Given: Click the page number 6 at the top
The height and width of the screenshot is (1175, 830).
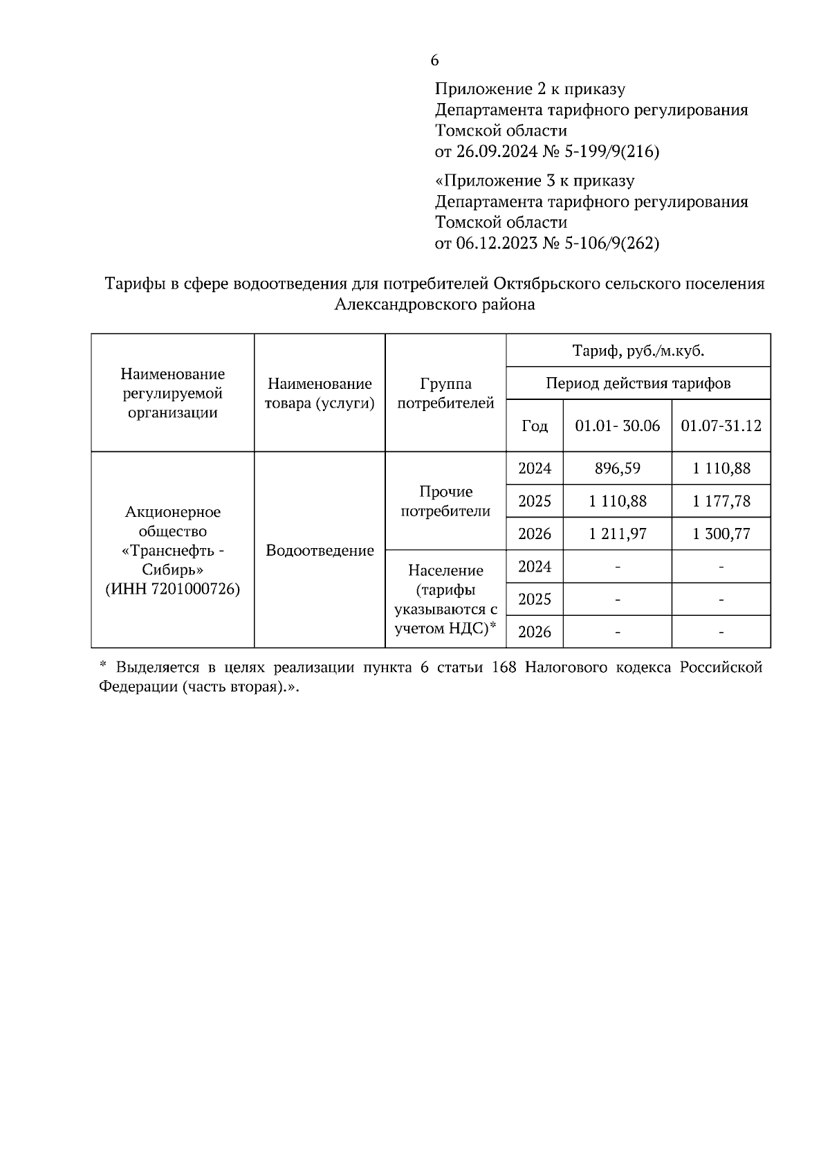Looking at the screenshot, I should point(434,61).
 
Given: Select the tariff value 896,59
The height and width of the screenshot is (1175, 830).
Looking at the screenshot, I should point(617,468).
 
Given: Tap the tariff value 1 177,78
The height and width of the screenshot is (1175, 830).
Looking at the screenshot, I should point(721,501).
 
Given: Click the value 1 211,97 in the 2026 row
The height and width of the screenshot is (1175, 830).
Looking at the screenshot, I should point(617,534).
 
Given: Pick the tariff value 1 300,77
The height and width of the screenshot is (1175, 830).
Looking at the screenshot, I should point(721,534).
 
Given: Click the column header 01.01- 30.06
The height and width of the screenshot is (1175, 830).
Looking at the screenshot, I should point(617,426).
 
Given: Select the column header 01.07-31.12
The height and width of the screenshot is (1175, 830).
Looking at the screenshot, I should point(721,426).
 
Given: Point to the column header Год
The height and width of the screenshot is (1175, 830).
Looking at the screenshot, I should point(534,426).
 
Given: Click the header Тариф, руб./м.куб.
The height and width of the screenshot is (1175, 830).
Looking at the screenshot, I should point(638,351).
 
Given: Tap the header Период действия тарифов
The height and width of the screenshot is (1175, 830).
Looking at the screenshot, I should point(638,383).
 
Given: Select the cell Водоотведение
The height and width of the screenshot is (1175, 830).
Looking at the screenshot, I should point(320,551).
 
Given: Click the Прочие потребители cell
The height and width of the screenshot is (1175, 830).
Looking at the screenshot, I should point(445,501).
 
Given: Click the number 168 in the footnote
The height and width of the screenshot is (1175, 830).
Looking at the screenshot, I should point(504,668).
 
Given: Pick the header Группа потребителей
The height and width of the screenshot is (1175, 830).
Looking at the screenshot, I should point(445,393).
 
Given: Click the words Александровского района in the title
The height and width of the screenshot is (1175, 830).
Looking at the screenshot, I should point(434,304).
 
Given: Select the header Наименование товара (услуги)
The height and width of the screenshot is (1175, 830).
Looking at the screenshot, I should point(320,393).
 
